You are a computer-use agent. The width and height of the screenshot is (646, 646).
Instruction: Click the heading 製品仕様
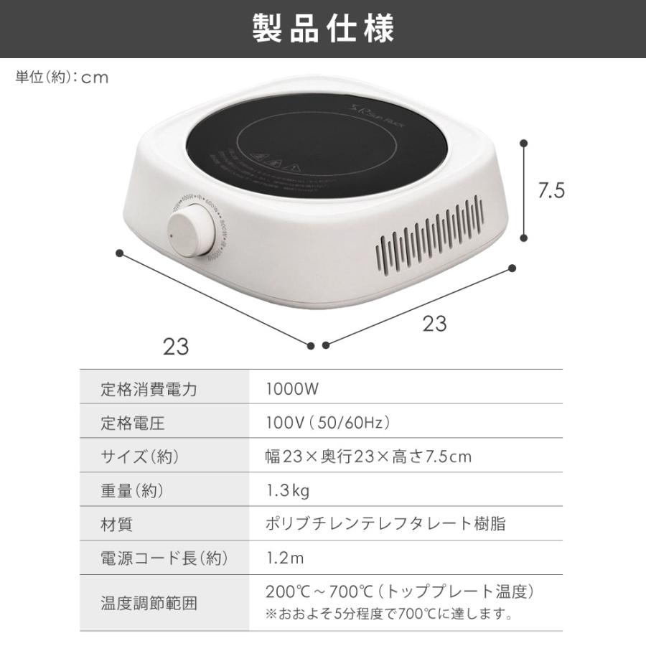(323, 29)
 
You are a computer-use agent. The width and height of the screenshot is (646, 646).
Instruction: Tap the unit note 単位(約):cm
(62, 78)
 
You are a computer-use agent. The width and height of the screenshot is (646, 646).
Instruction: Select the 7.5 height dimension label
(552, 190)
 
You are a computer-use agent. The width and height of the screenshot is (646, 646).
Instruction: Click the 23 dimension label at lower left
(176, 347)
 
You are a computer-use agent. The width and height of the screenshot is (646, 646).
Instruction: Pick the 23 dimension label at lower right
(434, 324)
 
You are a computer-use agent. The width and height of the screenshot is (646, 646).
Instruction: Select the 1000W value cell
(291, 390)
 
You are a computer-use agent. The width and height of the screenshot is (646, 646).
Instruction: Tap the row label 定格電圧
(133, 423)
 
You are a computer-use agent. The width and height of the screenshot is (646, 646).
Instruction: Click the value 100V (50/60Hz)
(327, 423)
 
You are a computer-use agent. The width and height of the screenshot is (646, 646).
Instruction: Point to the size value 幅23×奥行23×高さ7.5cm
(368, 457)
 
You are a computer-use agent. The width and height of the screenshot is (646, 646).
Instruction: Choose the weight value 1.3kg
(287, 491)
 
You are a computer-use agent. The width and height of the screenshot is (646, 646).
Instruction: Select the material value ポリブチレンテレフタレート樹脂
(385, 525)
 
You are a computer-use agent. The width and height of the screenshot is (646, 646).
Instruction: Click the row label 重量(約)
(133, 491)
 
